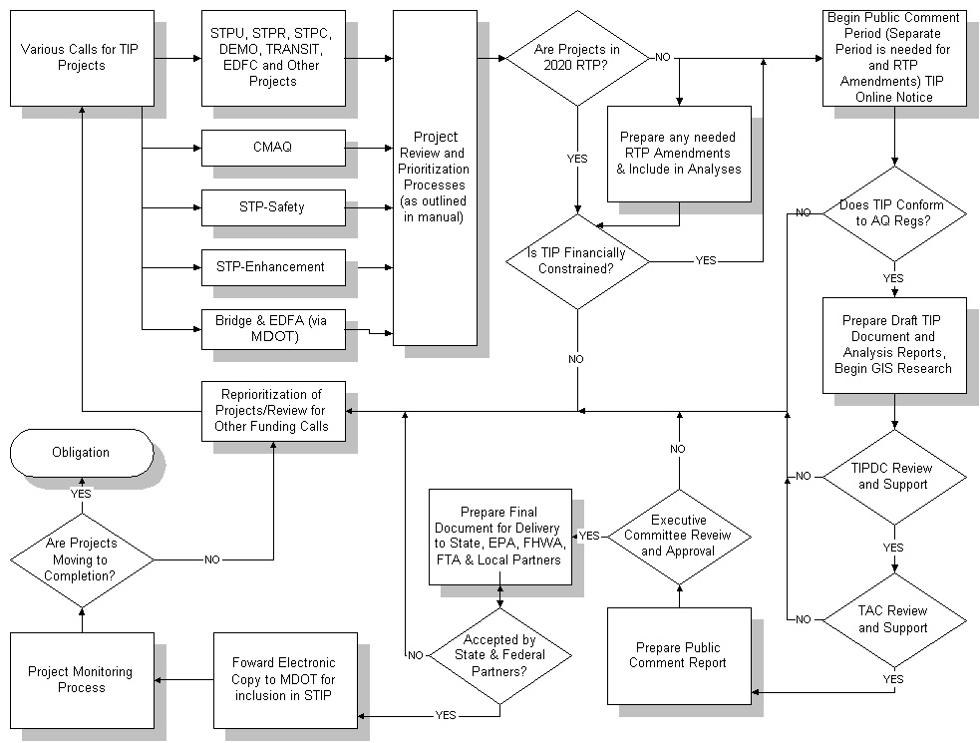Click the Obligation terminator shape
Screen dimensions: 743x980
pos(81,453)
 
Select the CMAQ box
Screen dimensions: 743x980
pos(273,148)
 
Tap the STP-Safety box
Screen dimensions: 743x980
pos(273,207)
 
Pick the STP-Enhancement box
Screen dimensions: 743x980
pos(273,267)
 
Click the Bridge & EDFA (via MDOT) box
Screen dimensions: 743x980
pos(273,329)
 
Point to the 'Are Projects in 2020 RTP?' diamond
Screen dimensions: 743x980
pos(578,58)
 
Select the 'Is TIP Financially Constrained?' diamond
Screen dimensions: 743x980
pos(578,262)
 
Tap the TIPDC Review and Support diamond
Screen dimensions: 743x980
pos(894,477)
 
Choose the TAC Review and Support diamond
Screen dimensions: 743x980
pos(894,619)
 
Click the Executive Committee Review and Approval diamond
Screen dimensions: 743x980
pos(679,537)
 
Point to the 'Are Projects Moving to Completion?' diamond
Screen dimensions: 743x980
pos(82,559)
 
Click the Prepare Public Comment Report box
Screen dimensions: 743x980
pos(678,656)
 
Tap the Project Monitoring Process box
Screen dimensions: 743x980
pos(82,680)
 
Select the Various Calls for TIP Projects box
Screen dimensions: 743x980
pos(82,58)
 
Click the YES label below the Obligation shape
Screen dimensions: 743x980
pos(81,493)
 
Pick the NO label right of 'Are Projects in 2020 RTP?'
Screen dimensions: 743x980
pos(663,58)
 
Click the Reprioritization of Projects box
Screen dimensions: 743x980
pos(273,411)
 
